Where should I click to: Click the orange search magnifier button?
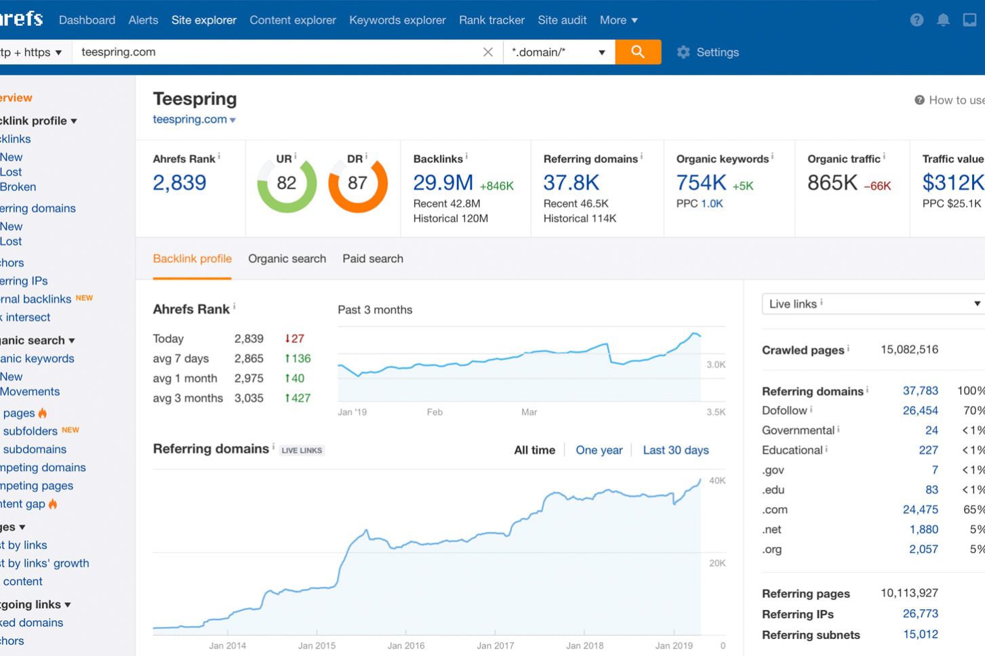[637, 52]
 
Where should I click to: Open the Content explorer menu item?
[292, 20]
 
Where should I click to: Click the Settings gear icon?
[683, 52]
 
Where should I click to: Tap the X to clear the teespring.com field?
[487, 52]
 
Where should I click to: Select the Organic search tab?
[287, 259]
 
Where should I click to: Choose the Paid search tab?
[372, 259]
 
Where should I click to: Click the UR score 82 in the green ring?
[286, 183]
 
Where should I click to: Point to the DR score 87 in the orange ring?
[357, 183]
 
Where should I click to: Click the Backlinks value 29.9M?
[443, 183]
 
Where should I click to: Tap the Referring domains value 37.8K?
[571, 183]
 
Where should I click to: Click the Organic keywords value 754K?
[701, 183]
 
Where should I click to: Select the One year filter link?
[599, 450]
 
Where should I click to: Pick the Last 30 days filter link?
[675, 450]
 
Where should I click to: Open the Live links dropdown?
[873, 304]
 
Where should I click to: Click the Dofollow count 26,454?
[920, 411]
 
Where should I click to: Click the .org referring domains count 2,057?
[923, 550]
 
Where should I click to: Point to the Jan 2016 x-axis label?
[405, 646]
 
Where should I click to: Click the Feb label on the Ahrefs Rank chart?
[435, 412]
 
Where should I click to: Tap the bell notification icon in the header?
[943, 20]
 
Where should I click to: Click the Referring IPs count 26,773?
[920, 614]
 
